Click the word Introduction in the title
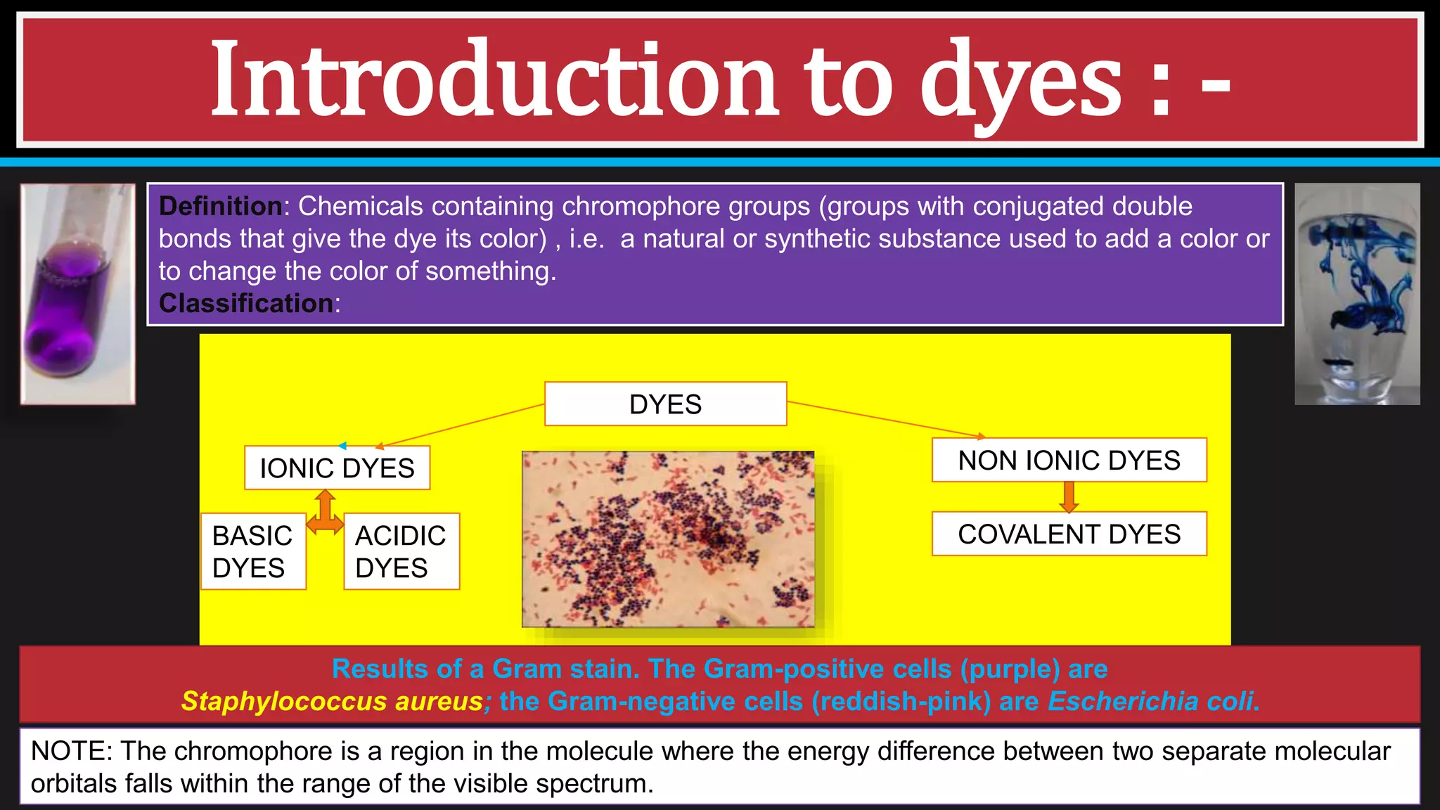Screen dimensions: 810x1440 (492, 81)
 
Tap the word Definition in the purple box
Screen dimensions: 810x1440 (220, 207)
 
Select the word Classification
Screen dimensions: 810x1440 (245, 304)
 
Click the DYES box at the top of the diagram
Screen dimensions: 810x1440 (665, 404)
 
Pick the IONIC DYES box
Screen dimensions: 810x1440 (337, 468)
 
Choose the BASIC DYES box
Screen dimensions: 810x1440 (252, 551)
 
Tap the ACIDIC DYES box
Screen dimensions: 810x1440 (401, 551)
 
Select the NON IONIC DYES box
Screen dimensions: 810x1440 (1069, 461)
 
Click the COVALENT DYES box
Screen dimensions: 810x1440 (1069, 534)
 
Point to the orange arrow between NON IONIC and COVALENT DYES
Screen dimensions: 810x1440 (1069, 497)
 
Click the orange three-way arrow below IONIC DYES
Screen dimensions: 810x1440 (325, 513)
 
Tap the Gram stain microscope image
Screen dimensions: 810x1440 (668, 539)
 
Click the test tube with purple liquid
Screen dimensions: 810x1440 (77, 294)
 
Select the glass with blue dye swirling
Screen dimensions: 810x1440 (1357, 294)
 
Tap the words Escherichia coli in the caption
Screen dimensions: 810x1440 (1151, 702)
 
